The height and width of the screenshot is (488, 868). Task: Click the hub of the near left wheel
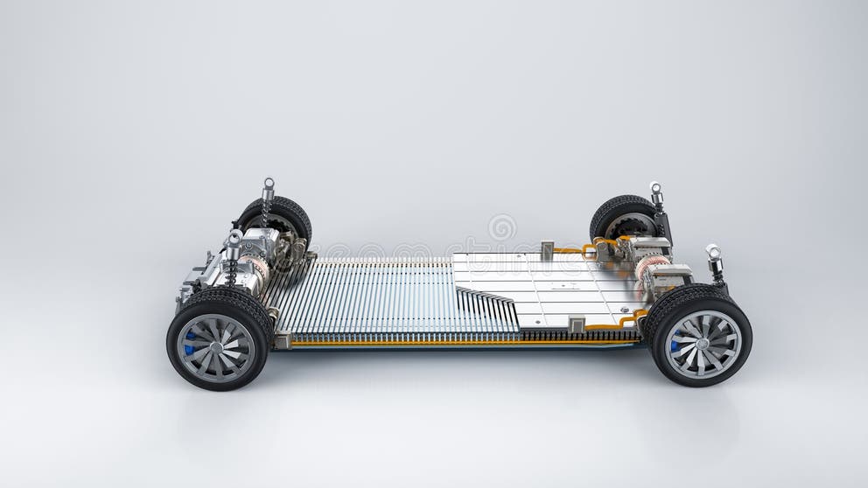tap(215, 347)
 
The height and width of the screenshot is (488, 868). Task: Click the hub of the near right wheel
tap(700, 343)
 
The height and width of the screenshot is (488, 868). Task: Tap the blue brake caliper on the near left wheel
tap(189, 342)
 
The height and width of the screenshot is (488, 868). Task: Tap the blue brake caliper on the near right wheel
tap(675, 345)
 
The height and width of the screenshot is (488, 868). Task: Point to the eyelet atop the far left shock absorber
tap(268, 185)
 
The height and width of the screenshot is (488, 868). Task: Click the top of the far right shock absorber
tap(655, 187)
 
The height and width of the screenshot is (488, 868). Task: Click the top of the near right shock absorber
tap(712, 251)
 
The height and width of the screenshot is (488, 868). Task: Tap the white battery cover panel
tap(542, 284)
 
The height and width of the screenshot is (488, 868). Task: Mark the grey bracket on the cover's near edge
tap(577, 325)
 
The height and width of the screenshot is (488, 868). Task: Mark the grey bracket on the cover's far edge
tap(547, 251)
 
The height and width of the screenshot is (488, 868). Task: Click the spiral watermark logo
tap(501, 227)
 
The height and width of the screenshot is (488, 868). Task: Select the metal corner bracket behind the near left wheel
tap(282, 340)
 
